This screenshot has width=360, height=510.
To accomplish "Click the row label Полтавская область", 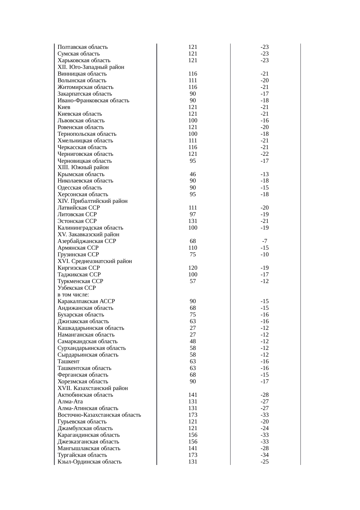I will [82, 47].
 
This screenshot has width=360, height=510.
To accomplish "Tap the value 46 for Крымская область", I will [192, 174].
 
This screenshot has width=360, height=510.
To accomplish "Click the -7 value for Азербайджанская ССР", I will [264, 241].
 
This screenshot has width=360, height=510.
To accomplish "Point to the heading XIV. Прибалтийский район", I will [92, 201].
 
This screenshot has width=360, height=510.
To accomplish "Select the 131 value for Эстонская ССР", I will [192, 221].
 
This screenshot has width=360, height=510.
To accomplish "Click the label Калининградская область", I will [90, 228].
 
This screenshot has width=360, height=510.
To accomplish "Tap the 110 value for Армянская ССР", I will [192, 248].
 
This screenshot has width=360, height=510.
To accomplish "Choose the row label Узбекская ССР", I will [76, 288].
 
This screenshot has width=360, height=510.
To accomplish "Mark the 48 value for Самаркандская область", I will [192, 341].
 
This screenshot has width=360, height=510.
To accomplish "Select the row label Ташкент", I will [68, 362].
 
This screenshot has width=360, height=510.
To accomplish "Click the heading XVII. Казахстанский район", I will [92, 388].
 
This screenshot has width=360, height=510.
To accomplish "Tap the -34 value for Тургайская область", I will [264, 455].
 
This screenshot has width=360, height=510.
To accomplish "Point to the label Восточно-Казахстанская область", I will [99, 415].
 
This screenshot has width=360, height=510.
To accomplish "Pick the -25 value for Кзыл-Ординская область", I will [264, 462].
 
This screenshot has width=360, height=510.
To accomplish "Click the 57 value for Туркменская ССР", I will [192, 281].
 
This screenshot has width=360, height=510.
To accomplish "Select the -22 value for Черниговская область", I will [264, 154].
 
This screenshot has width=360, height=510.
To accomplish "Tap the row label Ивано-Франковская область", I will [93, 101].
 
